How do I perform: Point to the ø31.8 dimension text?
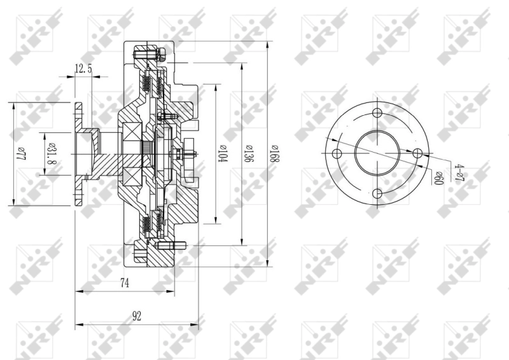[x=50, y=153]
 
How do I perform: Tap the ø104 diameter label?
[x=222, y=153]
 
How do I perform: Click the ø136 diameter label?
[x=249, y=153]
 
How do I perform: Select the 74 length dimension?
[x=125, y=284]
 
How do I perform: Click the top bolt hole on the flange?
[x=377, y=114]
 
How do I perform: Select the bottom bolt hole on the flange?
[x=377, y=193]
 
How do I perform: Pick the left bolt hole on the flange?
[x=338, y=154]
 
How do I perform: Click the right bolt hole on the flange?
[x=417, y=154]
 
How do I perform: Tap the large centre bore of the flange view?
[x=377, y=154]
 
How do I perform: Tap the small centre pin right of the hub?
[x=191, y=153]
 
